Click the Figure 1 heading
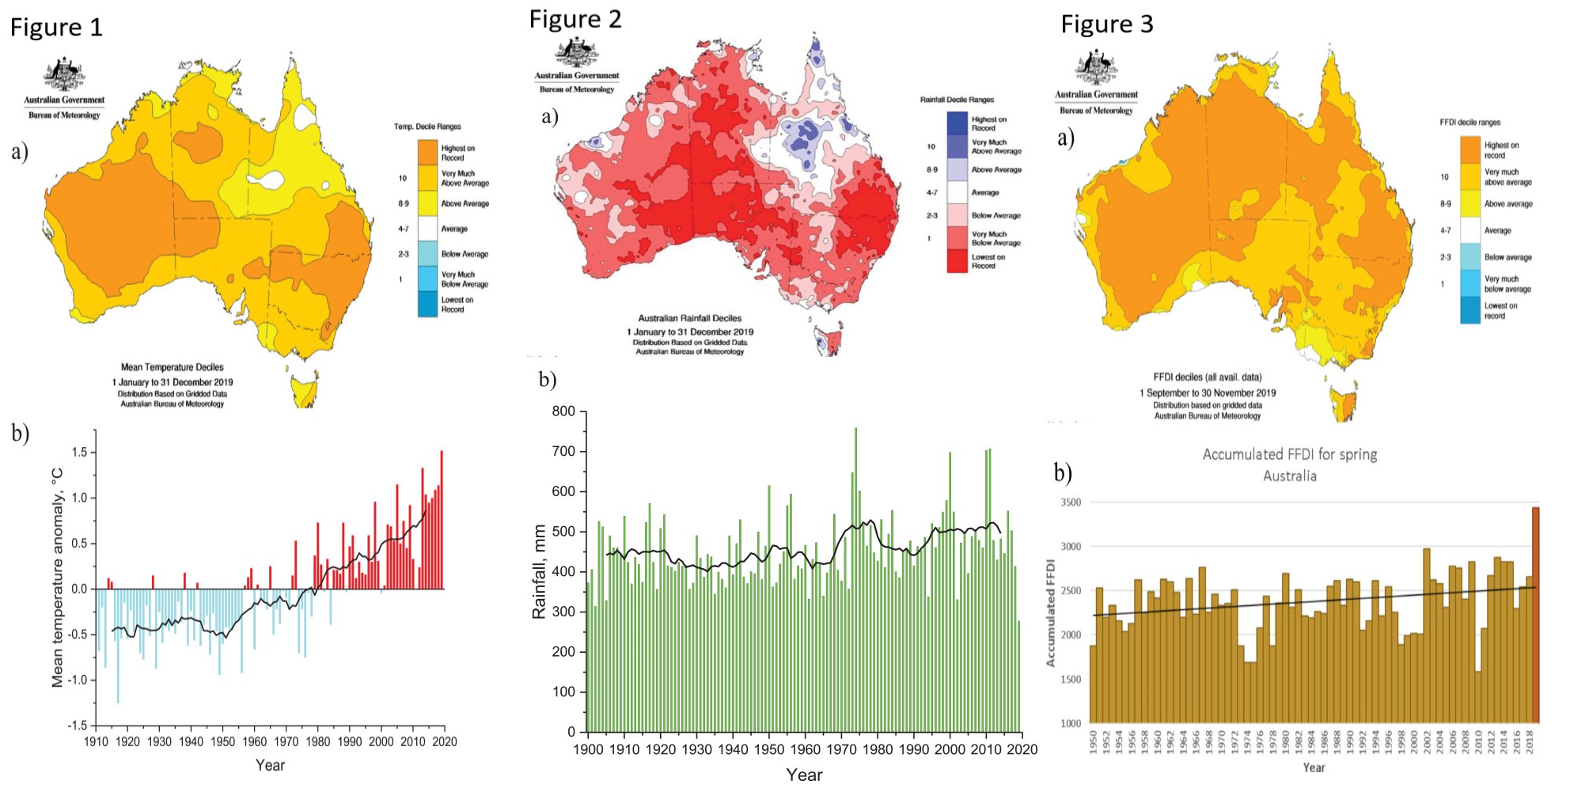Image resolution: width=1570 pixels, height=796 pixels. (x=56, y=28)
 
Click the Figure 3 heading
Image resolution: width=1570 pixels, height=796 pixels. (x=1106, y=25)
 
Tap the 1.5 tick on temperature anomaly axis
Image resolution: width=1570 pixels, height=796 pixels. (x=79, y=453)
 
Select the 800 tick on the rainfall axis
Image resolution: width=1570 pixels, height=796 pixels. (x=563, y=411)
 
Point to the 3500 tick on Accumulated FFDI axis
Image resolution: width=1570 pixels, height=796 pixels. (x=1070, y=502)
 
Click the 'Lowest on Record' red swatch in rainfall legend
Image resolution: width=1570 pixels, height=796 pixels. (x=957, y=261)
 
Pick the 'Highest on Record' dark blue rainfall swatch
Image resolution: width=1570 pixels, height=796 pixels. (x=957, y=123)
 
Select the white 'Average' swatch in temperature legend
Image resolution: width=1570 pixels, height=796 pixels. (x=427, y=229)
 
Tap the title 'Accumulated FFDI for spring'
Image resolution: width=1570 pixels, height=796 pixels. (x=1289, y=455)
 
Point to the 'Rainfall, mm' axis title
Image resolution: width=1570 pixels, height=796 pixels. (x=540, y=571)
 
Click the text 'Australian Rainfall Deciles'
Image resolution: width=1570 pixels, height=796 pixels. (x=689, y=318)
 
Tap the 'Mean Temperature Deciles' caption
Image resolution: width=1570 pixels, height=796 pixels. (x=172, y=367)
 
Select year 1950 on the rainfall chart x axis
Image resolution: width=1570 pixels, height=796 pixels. (x=768, y=749)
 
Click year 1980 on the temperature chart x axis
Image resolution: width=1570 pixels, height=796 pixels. (x=317, y=742)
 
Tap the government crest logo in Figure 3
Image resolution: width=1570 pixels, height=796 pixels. (x=1096, y=68)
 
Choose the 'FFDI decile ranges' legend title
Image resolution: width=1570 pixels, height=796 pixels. (x=1470, y=123)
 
